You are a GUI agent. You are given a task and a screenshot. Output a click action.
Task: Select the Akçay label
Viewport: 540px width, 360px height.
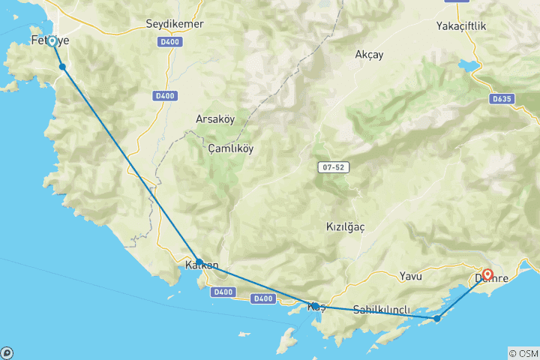point(369,54)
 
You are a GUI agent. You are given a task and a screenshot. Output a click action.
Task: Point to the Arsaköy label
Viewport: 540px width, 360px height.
point(215,119)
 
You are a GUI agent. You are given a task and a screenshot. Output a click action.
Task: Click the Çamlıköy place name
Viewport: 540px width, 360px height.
point(231,148)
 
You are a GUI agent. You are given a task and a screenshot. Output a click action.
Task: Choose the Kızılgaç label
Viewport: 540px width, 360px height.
point(345,226)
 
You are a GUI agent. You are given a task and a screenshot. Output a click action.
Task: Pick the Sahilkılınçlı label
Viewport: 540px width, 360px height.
point(382,310)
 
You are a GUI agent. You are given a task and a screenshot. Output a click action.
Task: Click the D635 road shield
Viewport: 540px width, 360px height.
point(501,98)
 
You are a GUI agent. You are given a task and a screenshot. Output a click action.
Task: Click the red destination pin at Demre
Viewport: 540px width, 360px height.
point(487,276)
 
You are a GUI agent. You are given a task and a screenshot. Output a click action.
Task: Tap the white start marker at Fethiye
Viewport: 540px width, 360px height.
point(52,41)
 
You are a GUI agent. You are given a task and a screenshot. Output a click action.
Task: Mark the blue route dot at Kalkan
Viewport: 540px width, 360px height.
point(199,262)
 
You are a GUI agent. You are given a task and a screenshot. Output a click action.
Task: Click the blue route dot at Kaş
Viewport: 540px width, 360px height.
point(315,306)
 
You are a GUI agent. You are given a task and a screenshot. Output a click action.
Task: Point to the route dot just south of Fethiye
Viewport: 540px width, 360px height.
point(62,67)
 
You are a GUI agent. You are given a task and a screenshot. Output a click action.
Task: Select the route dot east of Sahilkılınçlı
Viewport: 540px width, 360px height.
point(437,319)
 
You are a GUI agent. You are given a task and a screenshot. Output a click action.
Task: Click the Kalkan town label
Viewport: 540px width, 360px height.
point(202,265)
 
